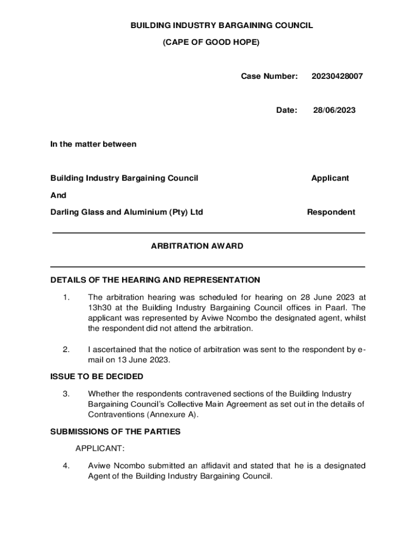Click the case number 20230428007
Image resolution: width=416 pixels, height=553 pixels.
(x=337, y=77)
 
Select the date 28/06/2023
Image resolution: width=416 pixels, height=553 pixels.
(x=334, y=110)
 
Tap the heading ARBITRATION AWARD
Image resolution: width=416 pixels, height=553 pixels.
(x=197, y=246)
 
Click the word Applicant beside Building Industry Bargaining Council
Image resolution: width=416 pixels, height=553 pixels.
(x=330, y=178)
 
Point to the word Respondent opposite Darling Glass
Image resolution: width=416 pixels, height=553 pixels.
(x=331, y=212)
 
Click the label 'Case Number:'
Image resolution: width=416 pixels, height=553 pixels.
(x=269, y=77)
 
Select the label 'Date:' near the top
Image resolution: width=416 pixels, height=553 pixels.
(x=286, y=110)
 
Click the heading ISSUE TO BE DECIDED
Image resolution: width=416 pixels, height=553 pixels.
(x=97, y=376)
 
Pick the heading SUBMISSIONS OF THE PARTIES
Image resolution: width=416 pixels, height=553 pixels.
(x=115, y=432)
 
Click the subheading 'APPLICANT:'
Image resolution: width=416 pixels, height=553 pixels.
(x=100, y=449)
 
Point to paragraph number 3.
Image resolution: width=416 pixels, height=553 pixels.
(x=65, y=394)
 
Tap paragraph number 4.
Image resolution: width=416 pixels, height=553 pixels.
(x=65, y=466)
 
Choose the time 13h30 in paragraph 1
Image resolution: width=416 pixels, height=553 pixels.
(x=99, y=307)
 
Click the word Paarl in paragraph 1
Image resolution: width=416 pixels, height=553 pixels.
(x=338, y=307)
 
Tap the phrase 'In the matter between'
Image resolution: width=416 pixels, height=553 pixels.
(x=93, y=144)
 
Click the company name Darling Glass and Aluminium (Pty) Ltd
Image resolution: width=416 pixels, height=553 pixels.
(x=126, y=212)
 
